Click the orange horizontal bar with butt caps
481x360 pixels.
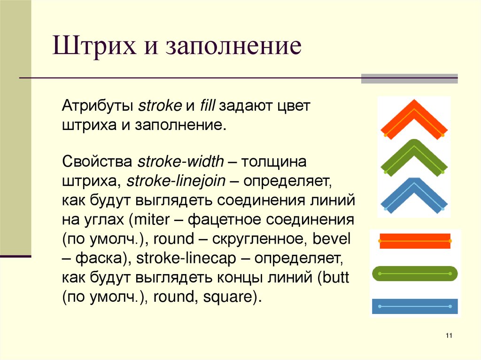pyautogui.click(x=415, y=241)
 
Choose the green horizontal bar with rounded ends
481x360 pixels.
pyautogui.click(x=415, y=273)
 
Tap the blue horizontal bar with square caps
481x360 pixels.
pyautogui.click(x=415, y=306)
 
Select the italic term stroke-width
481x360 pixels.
pyautogui.click(x=181, y=162)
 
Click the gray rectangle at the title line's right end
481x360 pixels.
pyautogui.click(x=409, y=78)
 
